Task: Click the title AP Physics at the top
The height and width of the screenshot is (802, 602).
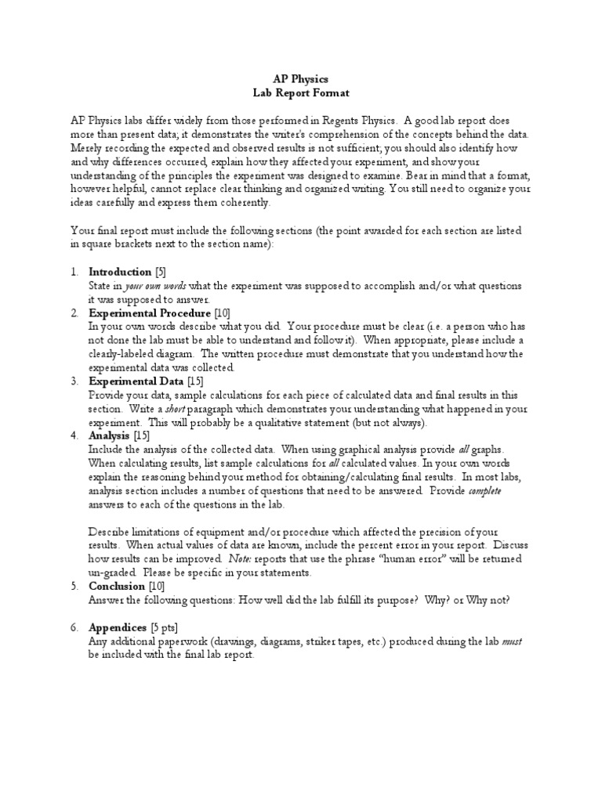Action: [x=300, y=79]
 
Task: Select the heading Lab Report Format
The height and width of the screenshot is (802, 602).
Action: [x=301, y=93]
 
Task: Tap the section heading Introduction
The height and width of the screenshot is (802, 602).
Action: [x=120, y=272]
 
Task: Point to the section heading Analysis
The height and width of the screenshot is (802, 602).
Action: [x=110, y=435]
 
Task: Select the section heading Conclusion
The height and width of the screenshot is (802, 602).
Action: [x=117, y=586]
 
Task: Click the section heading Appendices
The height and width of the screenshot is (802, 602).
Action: [x=118, y=627]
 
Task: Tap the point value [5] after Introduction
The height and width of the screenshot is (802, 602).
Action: [x=161, y=272]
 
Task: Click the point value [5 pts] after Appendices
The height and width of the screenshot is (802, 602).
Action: [x=167, y=627]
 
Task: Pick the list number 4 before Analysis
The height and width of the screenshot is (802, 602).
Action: [x=74, y=435]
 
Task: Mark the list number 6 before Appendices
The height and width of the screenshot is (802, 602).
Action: [x=74, y=627]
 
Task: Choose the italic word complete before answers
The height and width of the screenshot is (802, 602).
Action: [x=485, y=490]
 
